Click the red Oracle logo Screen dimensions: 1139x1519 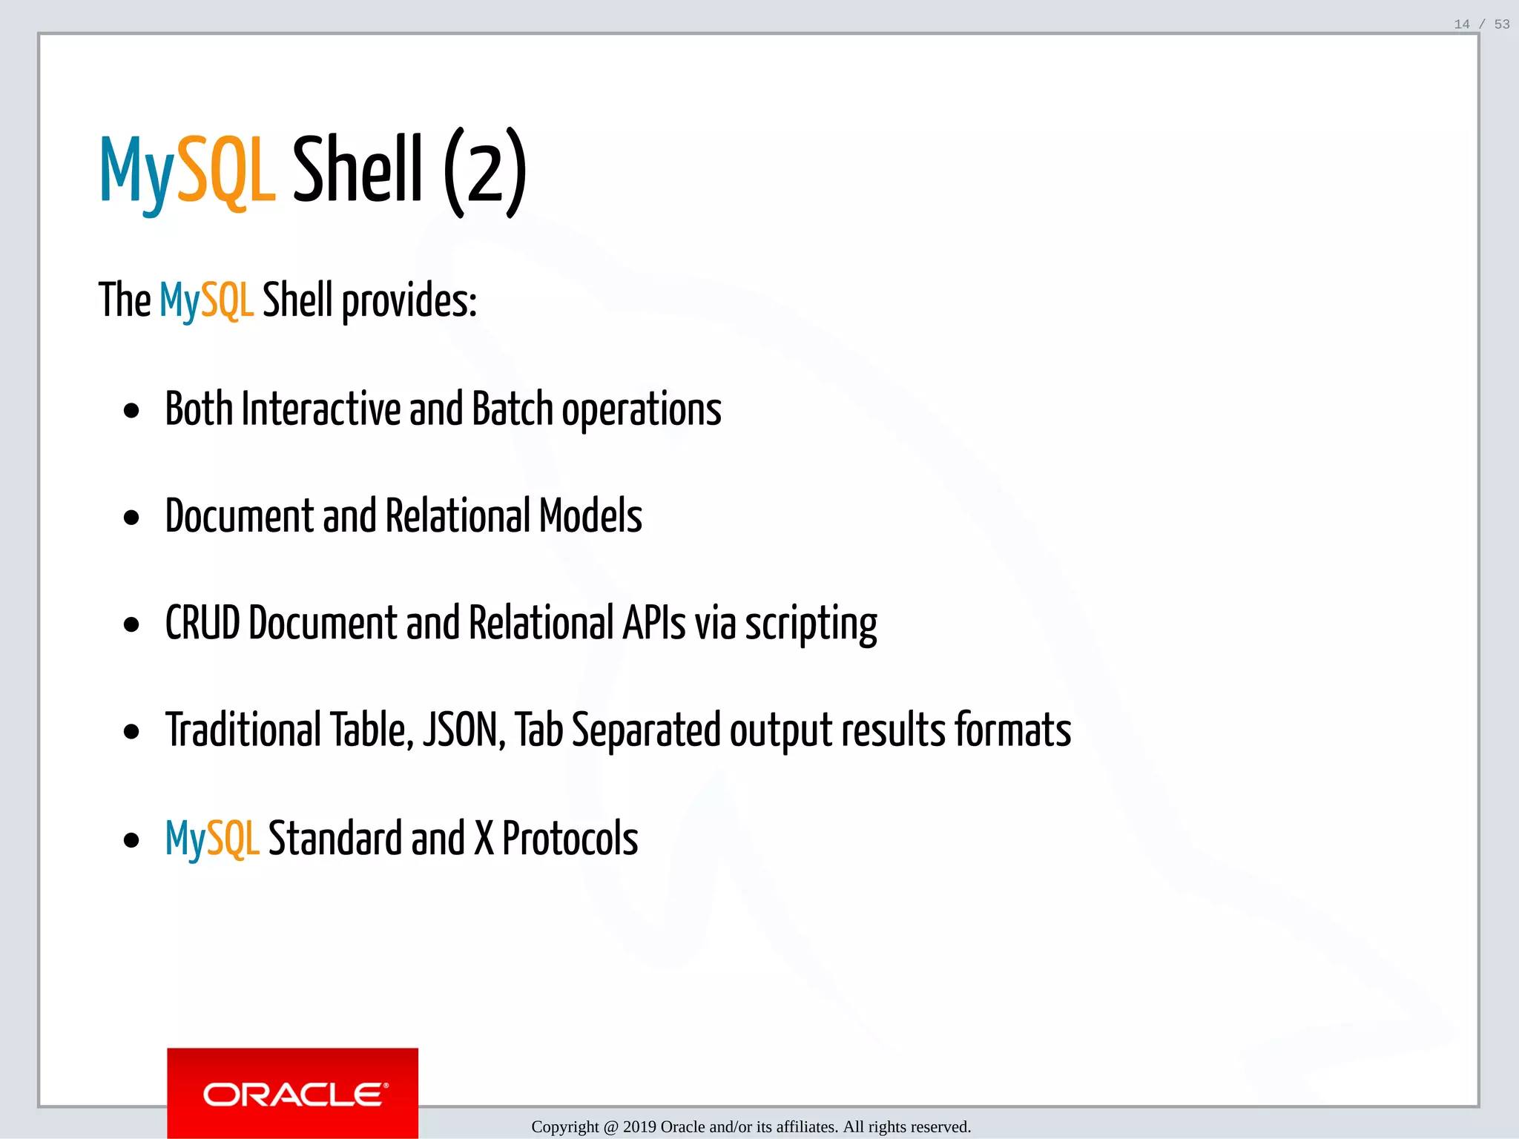pyautogui.click(x=292, y=1093)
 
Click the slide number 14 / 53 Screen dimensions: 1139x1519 pyautogui.click(x=1481, y=24)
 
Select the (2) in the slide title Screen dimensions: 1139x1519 pyautogui.click(x=485, y=172)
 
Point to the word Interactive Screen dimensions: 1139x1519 pyautogui.click(x=320, y=409)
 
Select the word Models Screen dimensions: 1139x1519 pyautogui.click(x=590, y=516)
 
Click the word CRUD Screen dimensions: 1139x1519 pyautogui.click(x=202, y=623)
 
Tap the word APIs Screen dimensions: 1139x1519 pyautogui.click(x=653, y=623)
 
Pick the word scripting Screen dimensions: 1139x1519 pyautogui.click(x=811, y=624)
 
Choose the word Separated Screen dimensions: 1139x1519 pyautogui.click(x=646, y=730)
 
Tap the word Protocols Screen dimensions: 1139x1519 pyautogui.click(x=570, y=839)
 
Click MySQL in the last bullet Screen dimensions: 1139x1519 pyautogui.click(x=212, y=839)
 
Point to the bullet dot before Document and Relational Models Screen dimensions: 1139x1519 pyautogui.click(x=132, y=518)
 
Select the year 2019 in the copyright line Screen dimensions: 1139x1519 pyautogui.click(x=639, y=1127)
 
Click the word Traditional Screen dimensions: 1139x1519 pyautogui.click(x=243, y=730)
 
